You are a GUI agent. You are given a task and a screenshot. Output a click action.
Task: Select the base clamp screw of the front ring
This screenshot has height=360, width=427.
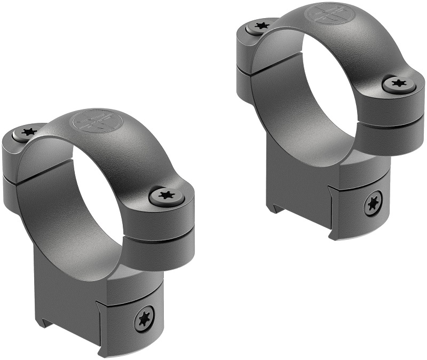(144, 320)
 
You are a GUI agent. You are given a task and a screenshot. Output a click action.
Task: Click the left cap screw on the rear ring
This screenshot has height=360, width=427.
(262, 25)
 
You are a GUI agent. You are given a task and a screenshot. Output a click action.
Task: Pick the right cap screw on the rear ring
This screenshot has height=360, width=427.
(398, 83)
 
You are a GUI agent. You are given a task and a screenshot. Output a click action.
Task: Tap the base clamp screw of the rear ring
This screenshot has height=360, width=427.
(373, 204)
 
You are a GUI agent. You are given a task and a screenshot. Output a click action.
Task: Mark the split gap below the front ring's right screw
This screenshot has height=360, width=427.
(160, 237)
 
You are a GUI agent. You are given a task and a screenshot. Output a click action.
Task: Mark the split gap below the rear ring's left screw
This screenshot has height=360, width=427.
(243, 66)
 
